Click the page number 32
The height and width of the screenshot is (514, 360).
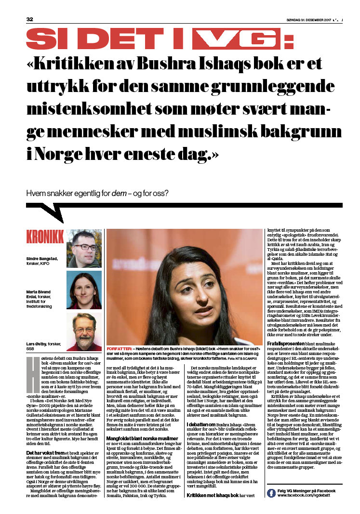point(29,20)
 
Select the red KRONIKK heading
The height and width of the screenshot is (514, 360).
point(45,237)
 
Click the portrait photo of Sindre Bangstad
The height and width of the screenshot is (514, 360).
point(84,248)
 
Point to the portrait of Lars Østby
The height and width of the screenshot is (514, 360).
point(84,331)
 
